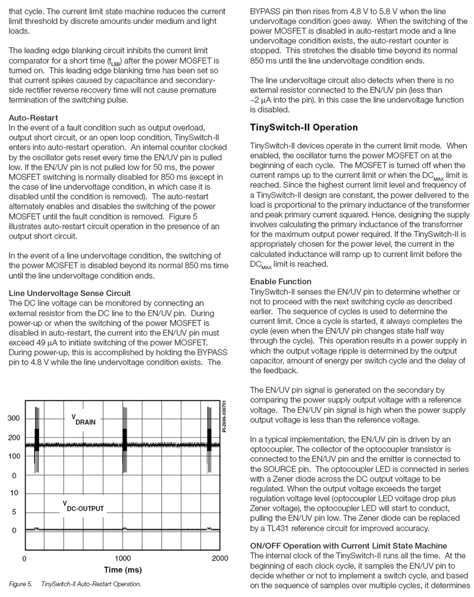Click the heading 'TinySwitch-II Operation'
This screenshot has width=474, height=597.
304,127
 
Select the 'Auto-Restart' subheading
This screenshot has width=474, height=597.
33,118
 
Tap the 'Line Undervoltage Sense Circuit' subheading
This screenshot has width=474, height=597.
70,293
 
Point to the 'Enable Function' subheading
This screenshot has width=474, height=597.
280,281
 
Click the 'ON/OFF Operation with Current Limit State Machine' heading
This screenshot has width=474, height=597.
349,545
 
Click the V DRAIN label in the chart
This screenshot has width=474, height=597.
83,419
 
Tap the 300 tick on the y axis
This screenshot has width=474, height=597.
13,419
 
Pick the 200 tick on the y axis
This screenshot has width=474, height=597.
13,438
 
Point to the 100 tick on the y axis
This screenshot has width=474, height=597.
13,456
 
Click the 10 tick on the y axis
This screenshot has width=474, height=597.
14,493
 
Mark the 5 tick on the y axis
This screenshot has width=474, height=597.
14,512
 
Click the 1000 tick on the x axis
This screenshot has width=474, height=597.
123,558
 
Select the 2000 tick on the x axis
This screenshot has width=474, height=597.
220,558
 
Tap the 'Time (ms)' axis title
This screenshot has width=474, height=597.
123,570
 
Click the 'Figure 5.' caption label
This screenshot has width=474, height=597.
20,584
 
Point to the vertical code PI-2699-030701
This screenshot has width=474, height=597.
224,416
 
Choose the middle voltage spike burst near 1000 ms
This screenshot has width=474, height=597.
124,436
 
